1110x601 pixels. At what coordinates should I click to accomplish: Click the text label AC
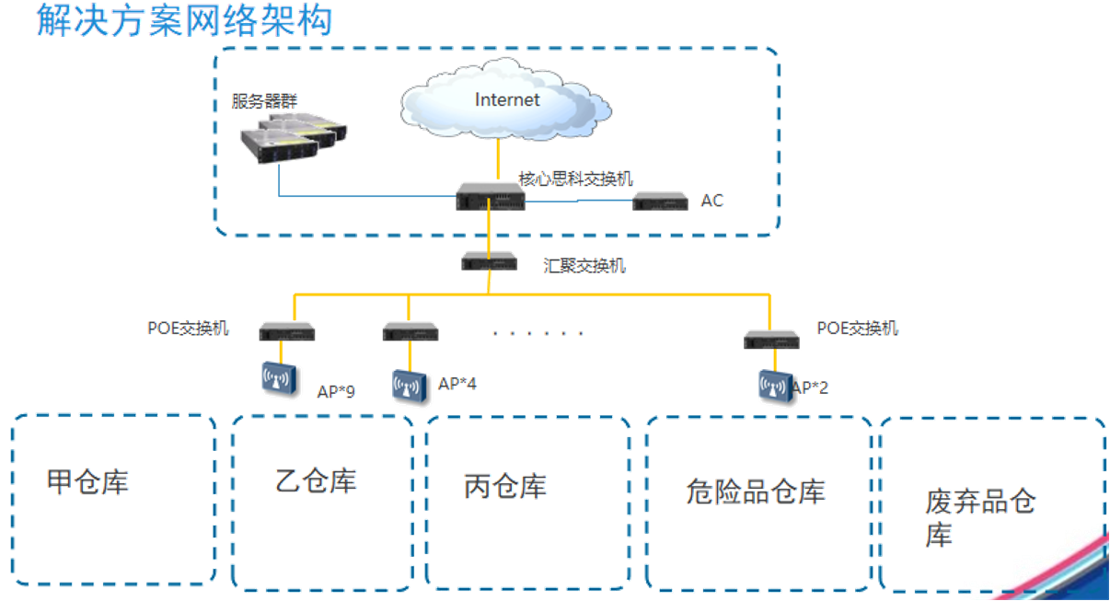[x=711, y=200]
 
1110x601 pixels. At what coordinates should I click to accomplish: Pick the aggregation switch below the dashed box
[x=490, y=261]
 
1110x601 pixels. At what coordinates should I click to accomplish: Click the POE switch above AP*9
[x=286, y=332]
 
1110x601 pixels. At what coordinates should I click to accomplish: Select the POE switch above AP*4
[x=410, y=332]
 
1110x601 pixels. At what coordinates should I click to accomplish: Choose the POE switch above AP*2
[x=771, y=339]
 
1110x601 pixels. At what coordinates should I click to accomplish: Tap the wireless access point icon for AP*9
[x=282, y=380]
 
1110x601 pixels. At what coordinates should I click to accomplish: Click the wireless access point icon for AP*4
[x=411, y=387]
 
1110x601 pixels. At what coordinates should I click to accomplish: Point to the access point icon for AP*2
[x=774, y=387]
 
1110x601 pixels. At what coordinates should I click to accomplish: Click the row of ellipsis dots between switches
[x=538, y=332]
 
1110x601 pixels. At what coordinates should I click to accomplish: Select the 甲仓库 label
[x=88, y=481]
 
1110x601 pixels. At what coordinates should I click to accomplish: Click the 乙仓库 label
[x=317, y=480]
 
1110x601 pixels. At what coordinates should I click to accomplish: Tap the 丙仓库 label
[x=506, y=486]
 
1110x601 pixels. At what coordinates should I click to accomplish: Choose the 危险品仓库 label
[x=755, y=491]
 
